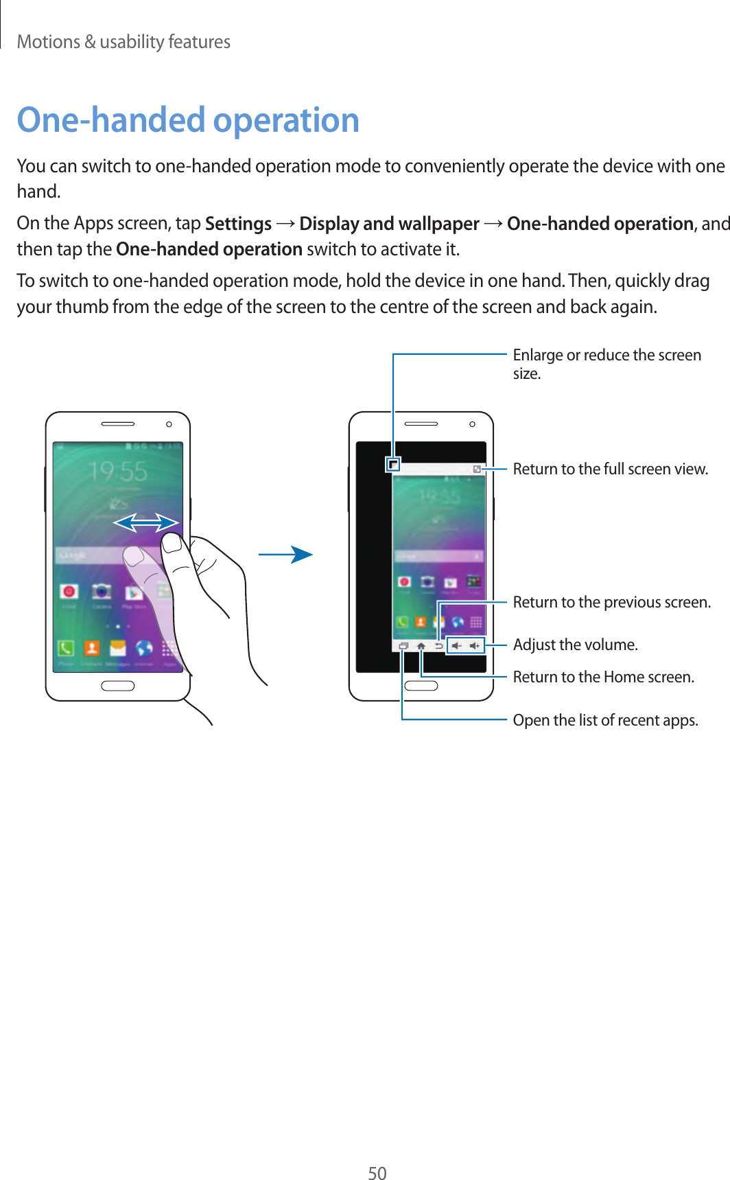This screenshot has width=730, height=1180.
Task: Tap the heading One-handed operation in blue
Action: [188, 120]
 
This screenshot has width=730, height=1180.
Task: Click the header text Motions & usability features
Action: [123, 42]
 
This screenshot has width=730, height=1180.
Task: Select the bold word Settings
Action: [238, 224]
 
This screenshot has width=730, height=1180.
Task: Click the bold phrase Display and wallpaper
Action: [389, 224]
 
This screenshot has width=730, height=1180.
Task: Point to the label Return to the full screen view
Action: [610, 469]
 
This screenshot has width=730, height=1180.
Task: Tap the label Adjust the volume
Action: [575, 645]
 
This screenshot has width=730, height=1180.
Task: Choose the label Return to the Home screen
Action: [603, 677]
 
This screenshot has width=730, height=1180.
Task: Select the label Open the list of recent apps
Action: [605, 720]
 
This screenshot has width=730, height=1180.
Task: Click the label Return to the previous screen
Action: [611, 602]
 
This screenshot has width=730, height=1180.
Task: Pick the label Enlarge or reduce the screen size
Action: [607, 363]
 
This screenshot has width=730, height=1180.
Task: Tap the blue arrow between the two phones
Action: [286, 555]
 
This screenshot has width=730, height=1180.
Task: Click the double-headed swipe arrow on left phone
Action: [145, 523]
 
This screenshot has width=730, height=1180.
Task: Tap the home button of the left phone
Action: [118, 686]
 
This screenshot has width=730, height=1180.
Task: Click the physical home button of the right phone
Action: [421, 686]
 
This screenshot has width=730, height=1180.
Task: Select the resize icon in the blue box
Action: [393, 465]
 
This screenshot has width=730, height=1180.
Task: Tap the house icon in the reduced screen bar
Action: [421, 646]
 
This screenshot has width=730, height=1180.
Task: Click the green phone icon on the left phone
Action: [66, 647]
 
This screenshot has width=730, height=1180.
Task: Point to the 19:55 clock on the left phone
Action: [118, 472]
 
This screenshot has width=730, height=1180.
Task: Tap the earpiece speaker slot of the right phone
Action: [421, 424]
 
